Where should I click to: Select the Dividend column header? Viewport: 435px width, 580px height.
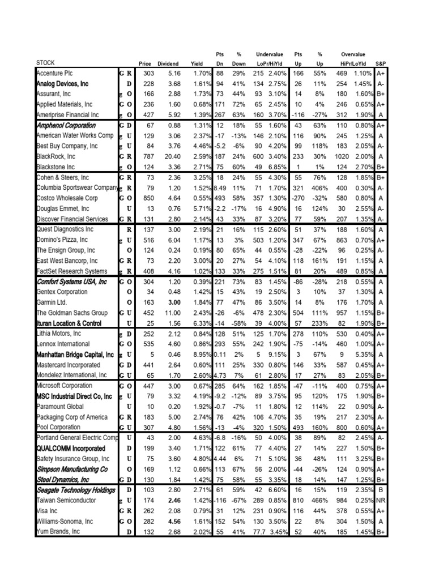coord(168,63)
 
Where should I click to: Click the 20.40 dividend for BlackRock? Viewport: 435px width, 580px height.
coord(172,157)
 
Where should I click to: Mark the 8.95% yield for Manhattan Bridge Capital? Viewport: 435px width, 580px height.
coord(202,355)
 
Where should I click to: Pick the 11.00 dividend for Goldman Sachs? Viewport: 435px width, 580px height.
coord(172,313)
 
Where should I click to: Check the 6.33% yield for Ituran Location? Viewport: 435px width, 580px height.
coord(202,323)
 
